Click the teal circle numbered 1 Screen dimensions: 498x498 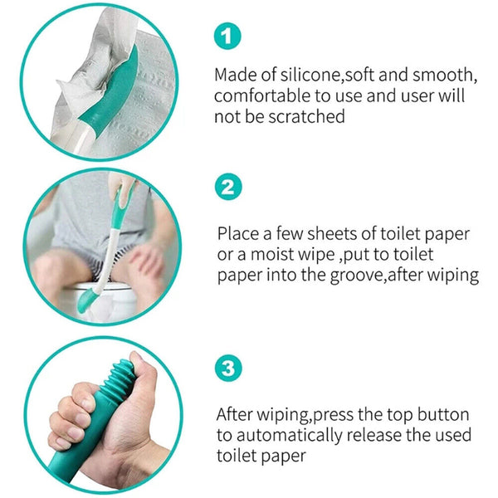pyautogui.click(x=230, y=35)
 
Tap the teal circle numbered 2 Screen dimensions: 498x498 pyautogui.click(x=230, y=188)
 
